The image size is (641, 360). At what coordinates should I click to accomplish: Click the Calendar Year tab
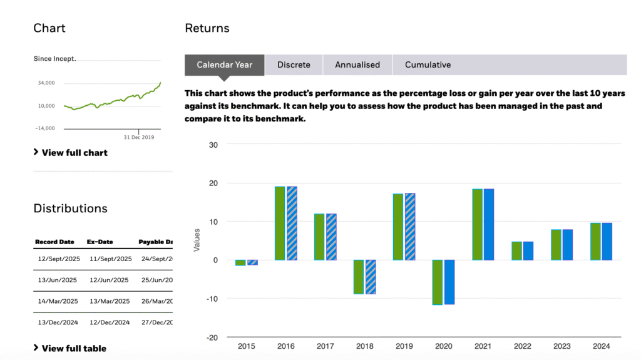(x=225, y=64)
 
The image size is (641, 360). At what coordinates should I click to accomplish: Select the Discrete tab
(x=294, y=64)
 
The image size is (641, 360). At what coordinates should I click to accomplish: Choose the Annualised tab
(x=357, y=64)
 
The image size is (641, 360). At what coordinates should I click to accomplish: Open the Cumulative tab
(x=428, y=64)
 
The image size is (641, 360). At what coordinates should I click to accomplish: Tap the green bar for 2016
(x=280, y=223)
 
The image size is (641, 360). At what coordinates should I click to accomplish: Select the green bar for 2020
(x=437, y=282)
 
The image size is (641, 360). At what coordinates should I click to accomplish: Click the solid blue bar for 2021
(x=488, y=224)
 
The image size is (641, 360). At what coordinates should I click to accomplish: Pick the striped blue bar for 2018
(x=370, y=277)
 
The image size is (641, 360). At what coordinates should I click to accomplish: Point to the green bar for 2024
(x=595, y=241)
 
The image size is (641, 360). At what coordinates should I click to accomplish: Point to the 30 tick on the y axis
(x=213, y=145)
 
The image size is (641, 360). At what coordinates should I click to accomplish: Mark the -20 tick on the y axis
(x=213, y=337)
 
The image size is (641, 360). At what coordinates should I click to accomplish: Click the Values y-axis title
(x=197, y=240)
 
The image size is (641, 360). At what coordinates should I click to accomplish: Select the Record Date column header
(x=54, y=242)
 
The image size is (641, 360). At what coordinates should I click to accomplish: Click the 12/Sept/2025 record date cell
(x=58, y=259)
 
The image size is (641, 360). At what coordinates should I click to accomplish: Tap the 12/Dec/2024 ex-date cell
(x=109, y=322)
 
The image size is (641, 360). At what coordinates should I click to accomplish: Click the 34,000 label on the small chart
(x=46, y=83)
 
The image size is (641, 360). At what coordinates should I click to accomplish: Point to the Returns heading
(x=207, y=28)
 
